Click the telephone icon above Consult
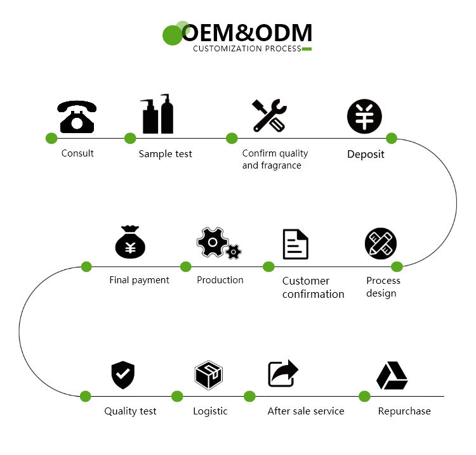(x=77, y=116)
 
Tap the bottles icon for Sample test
(x=157, y=114)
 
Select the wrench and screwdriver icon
(x=269, y=115)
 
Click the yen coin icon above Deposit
(x=364, y=117)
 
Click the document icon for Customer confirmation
(x=295, y=244)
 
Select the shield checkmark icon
(x=122, y=375)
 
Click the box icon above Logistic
(x=208, y=375)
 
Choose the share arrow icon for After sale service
(x=282, y=373)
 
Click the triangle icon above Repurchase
(x=392, y=376)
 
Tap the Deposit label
(x=366, y=154)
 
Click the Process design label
(x=383, y=286)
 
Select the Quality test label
(x=130, y=411)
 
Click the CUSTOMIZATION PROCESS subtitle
(x=247, y=49)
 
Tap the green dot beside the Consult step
(x=51, y=138)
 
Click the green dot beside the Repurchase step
(x=364, y=397)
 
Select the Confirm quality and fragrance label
(x=275, y=159)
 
